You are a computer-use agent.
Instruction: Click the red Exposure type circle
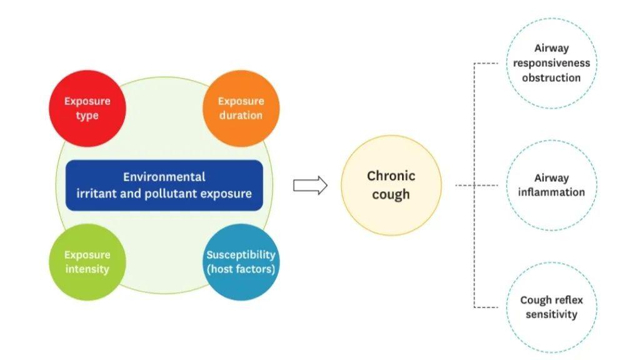pyautogui.click(x=87, y=107)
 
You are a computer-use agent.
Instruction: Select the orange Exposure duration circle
pyautogui.click(x=241, y=107)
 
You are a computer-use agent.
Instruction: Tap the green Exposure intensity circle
pyautogui.click(x=87, y=262)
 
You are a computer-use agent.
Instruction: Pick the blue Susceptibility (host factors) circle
pyautogui.click(x=241, y=262)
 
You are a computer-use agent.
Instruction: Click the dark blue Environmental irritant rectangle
pyautogui.click(x=164, y=185)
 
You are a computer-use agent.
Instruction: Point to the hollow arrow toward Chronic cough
pyautogui.click(x=310, y=185)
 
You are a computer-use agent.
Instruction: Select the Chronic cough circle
pyautogui.click(x=391, y=185)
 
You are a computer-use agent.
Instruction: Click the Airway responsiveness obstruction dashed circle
pyautogui.click(x=551, y=63)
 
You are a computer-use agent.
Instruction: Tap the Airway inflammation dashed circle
pyautogui.click(x=551, y=185)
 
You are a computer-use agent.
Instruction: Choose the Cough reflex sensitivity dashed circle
pyautogui.click(x=551, y=307)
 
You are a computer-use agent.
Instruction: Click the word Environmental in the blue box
pyautogui.click(x=164, y=177)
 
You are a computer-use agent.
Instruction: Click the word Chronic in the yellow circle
pyautogui.click(x=391, y=176)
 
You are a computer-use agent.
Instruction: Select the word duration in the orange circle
pyautogui.click(x=241, y=116)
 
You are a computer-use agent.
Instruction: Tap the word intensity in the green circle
pyautogui.click(x=87, y=269)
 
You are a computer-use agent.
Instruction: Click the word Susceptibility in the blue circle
pyautogui.click(x=241, y=255)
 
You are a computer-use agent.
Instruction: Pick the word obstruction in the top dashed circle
pyautogui.click(x=551, y=78)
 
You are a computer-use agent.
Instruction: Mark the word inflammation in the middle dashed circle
pyautogui.click(x=551, y=192)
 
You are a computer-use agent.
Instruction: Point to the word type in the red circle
pyautogui.click(x=87, y=116)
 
